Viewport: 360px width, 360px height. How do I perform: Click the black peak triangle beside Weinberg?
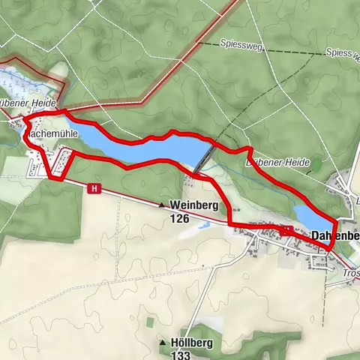161,204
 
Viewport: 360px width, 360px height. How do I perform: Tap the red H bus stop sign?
94,188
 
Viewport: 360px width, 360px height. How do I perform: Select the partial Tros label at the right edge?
350,274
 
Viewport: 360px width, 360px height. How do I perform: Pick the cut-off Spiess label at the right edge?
342,54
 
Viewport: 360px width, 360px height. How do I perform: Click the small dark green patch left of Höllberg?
149,322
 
